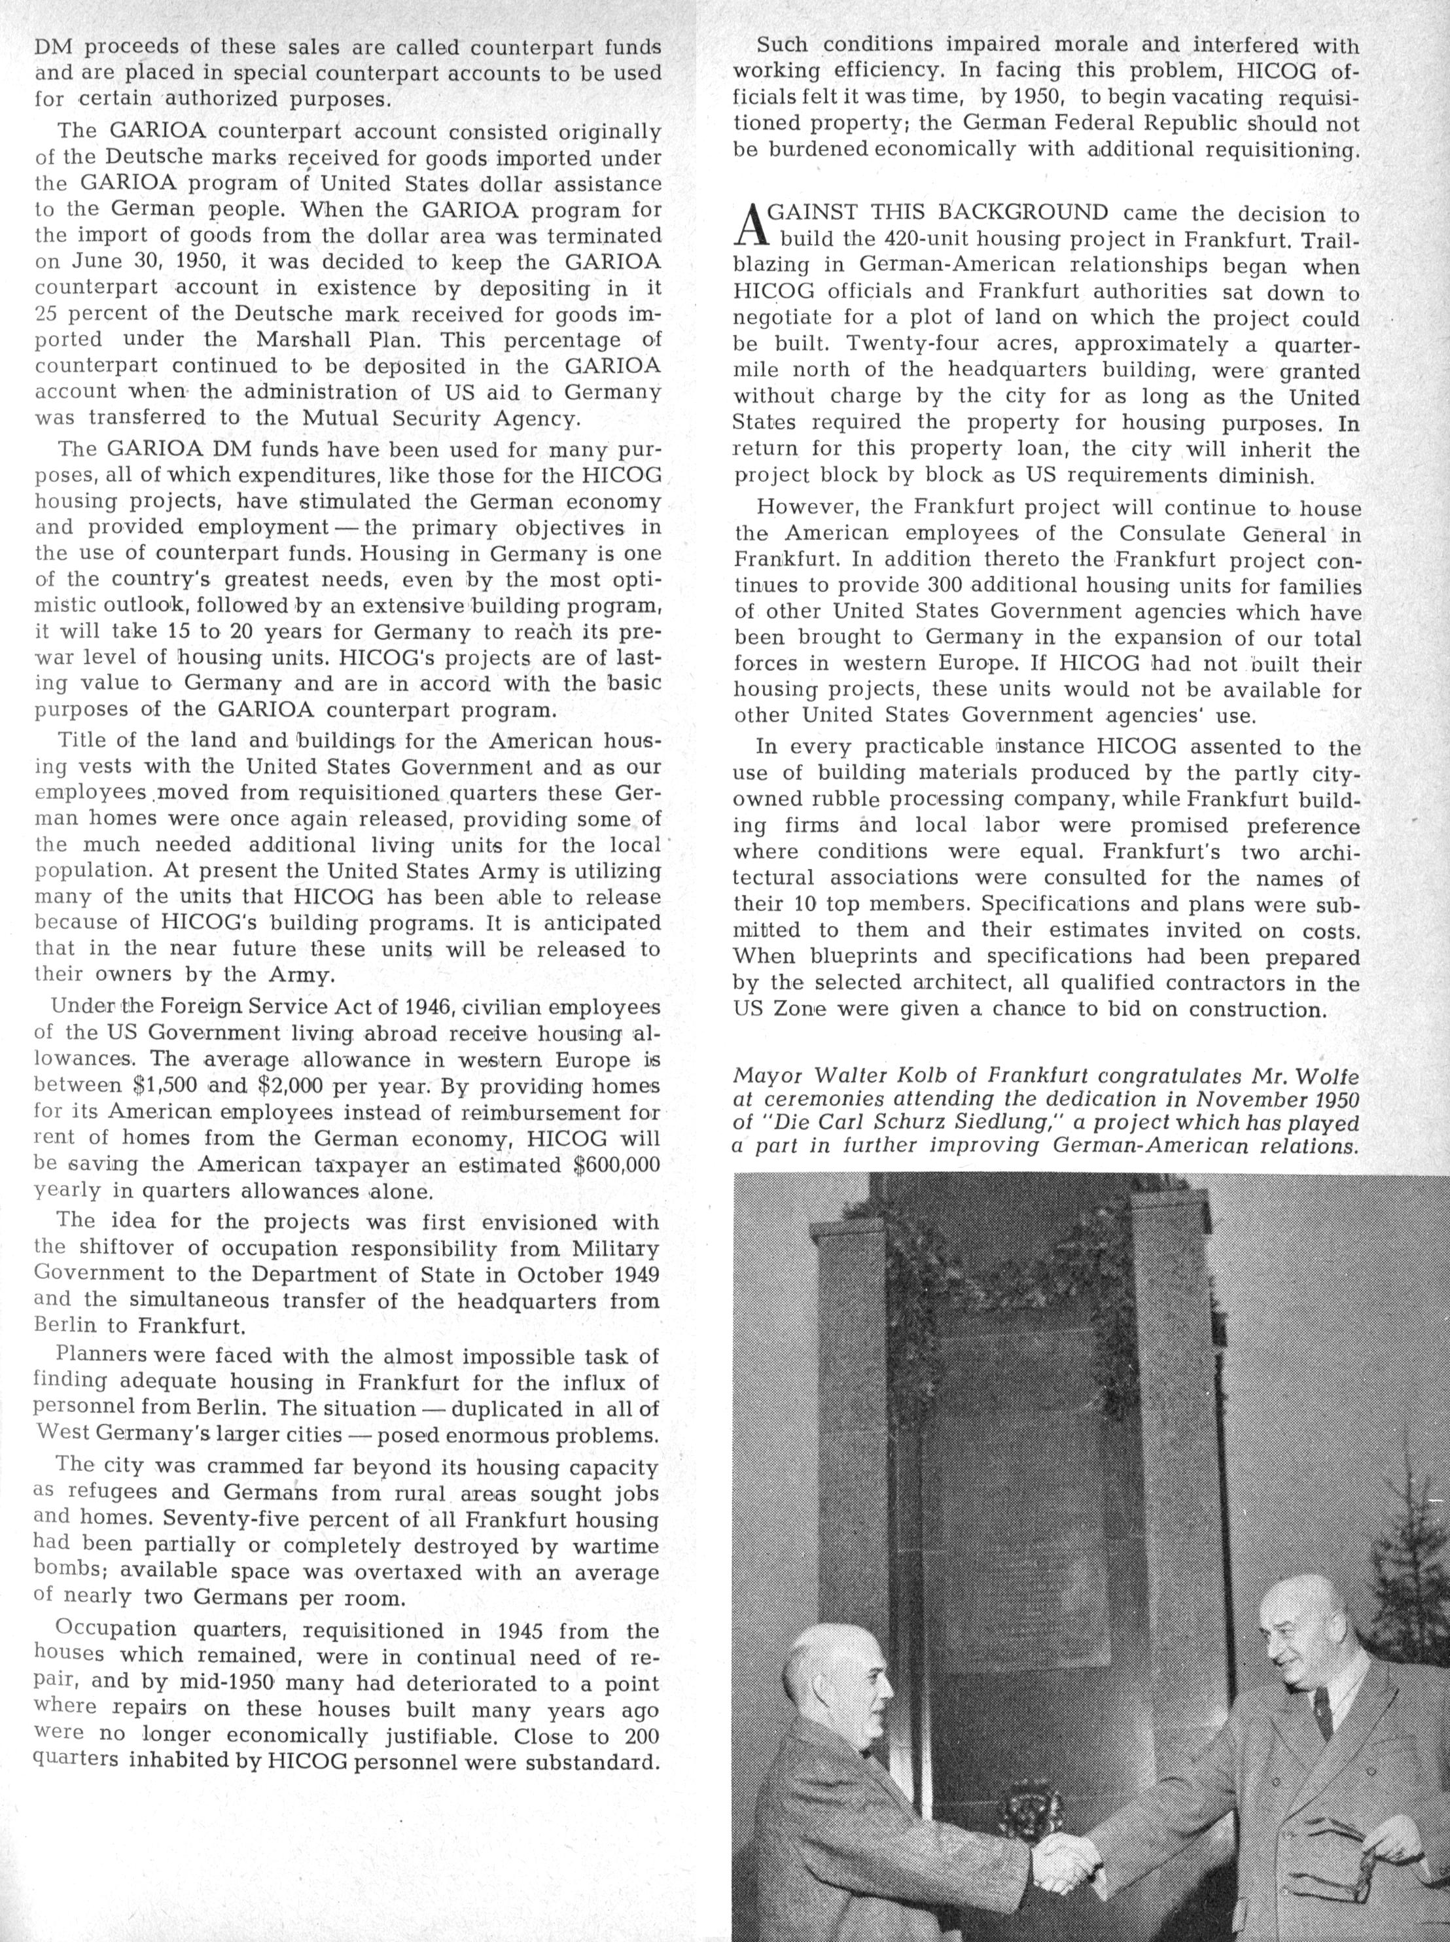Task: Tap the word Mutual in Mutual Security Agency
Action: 342,417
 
